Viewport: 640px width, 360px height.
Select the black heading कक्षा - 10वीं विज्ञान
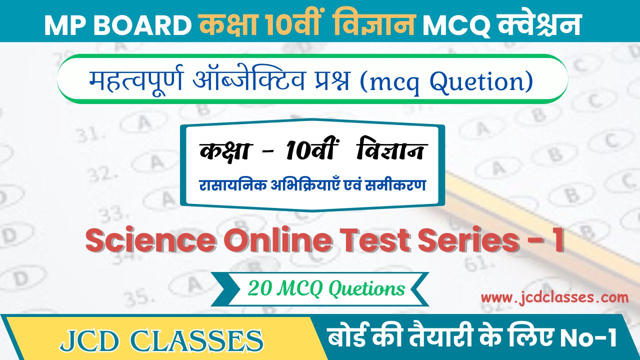tap(312, 151)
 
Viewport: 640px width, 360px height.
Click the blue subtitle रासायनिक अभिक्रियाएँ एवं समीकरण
tap(312, 185)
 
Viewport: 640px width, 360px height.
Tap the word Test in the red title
tap(373, 241)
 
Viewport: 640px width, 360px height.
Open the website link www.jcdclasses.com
tap(554, 298)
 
